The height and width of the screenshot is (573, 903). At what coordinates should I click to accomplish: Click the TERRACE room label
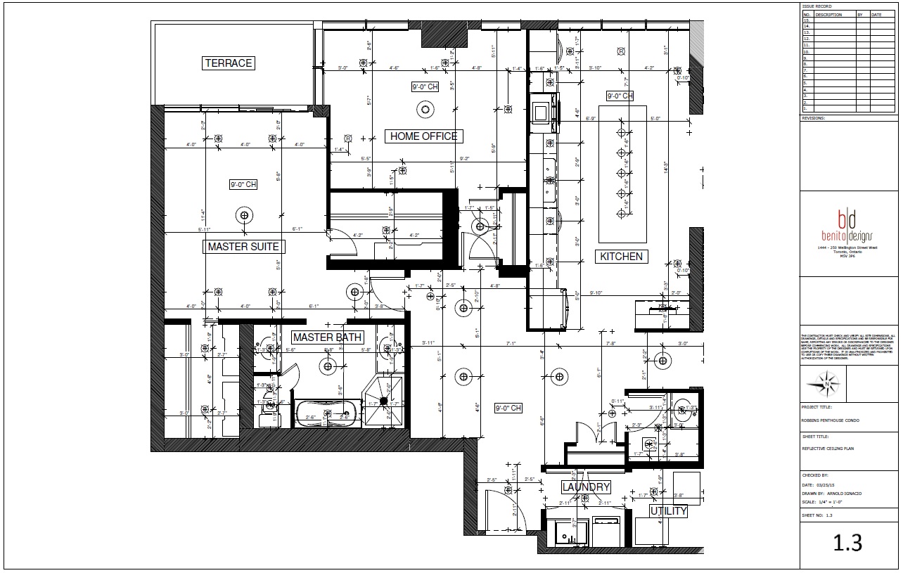(x=228, y=63)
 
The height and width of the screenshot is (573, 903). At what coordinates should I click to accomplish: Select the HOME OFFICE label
(x=423, y=136)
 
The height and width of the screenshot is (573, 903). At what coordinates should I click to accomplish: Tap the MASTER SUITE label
(x=243, y=247)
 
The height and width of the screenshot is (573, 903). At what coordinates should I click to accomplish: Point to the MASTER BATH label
(x=327, y=337)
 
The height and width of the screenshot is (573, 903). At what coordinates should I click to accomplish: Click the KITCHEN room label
(x=621, y=257)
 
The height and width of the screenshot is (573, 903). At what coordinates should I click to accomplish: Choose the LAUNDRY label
(x=585, y=487)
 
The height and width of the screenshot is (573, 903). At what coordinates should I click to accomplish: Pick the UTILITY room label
(x=667, y=511)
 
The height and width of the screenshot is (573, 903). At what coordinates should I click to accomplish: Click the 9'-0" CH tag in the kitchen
(x=620, y=96)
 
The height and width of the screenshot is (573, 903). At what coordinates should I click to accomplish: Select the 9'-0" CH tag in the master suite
(x=243, y=185)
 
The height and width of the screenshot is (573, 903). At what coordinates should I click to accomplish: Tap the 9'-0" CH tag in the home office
(x=425, y=87)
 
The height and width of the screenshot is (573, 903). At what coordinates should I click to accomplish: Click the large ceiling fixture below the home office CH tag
(x=425, y=109)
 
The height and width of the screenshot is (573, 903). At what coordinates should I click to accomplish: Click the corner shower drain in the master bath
(x=384, y=401)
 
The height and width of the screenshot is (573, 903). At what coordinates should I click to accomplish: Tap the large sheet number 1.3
(x=847, y=542)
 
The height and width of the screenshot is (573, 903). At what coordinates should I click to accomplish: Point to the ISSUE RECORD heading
(x=816, y=6)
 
